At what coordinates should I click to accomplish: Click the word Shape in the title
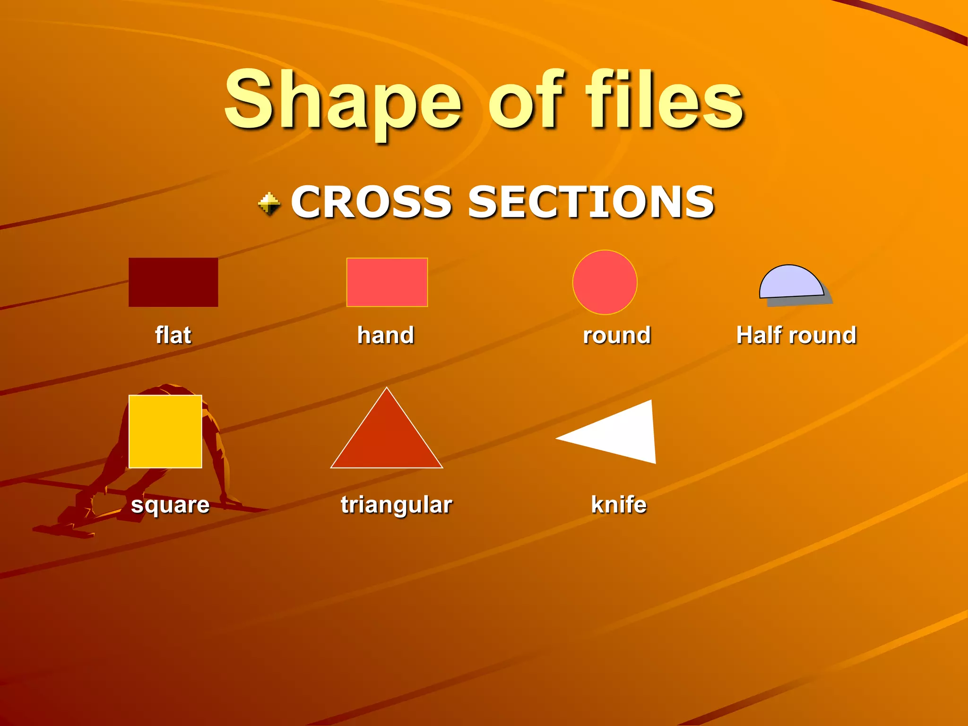point(343,102)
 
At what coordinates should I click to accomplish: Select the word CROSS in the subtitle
point(372,202)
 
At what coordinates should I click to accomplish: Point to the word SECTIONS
point(591,202)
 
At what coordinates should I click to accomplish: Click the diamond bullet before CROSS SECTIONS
point(269,204)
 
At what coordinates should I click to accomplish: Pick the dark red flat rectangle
point(173,282)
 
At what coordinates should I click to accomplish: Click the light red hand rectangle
point(387,282)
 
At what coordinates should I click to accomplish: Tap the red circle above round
point(605,282)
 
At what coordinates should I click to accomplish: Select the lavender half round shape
point(790,283)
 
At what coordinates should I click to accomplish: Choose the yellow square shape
point(165,432)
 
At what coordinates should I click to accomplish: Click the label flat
point(173,335)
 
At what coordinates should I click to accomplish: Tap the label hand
point(386,335)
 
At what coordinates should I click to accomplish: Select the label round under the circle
point(617,335)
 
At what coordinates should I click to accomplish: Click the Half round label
point(796,335)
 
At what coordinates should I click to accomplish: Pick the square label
point(170,505)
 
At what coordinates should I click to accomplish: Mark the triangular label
point(397,505)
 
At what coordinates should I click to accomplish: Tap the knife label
point(619,504)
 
